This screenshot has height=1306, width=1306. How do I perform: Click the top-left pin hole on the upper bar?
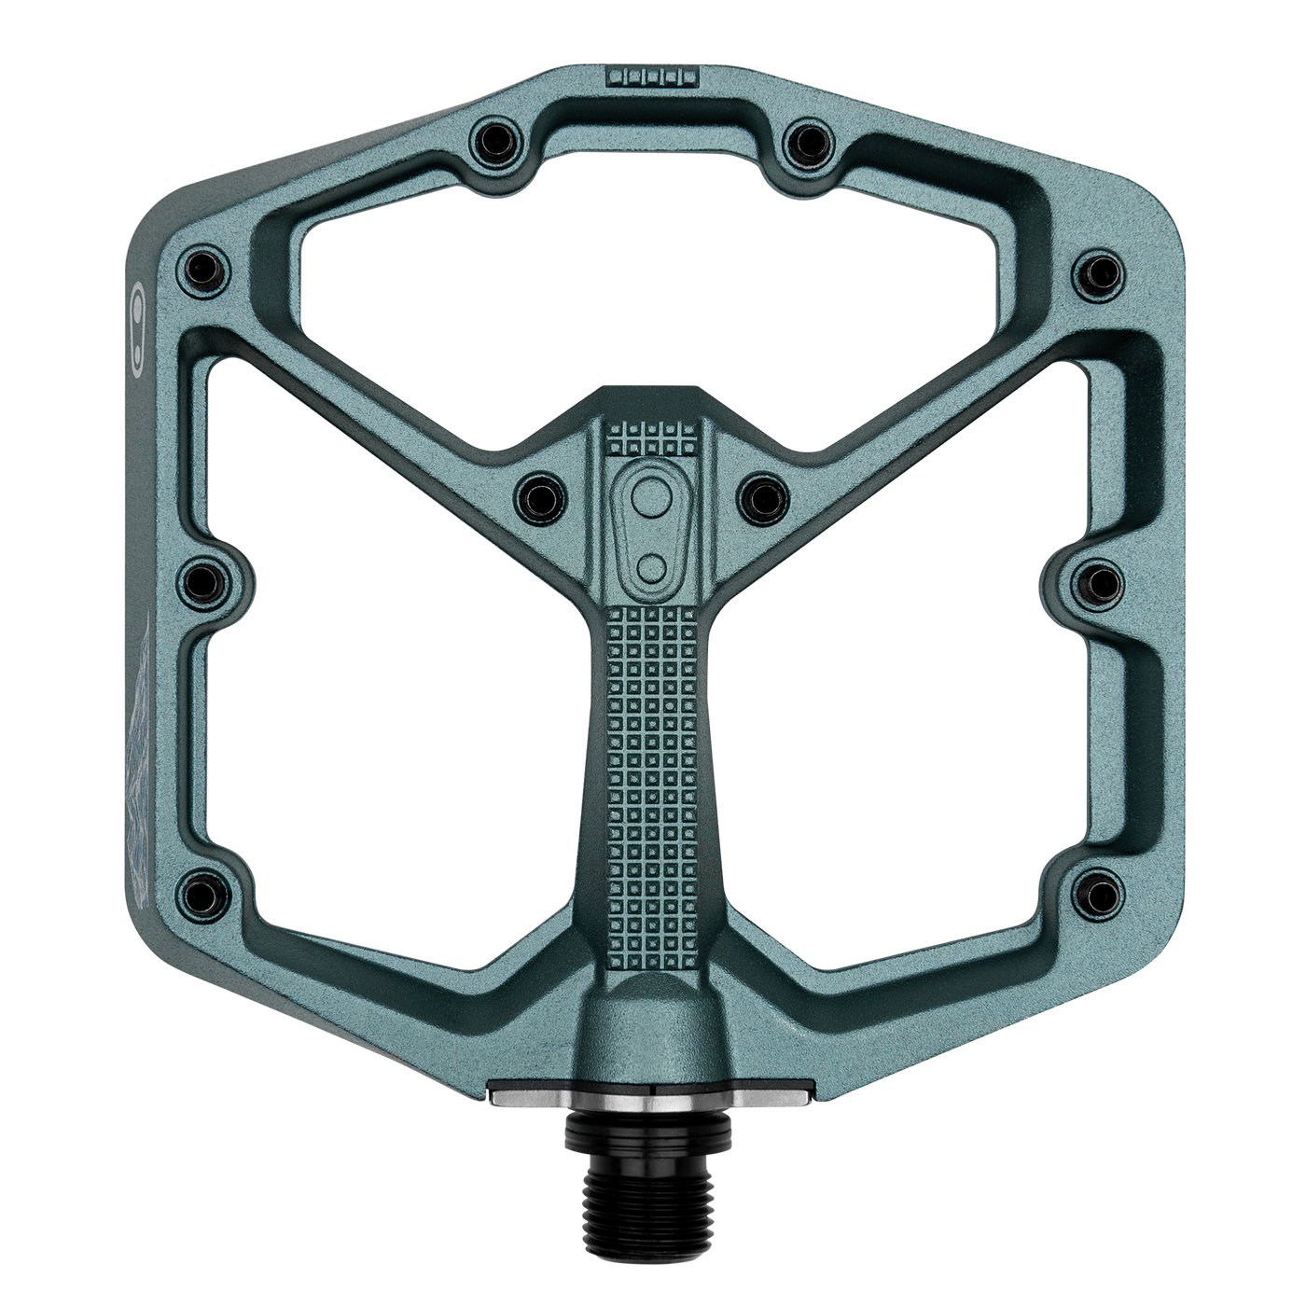click(494, 140)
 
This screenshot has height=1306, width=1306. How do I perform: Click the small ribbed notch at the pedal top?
click(652, 76)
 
